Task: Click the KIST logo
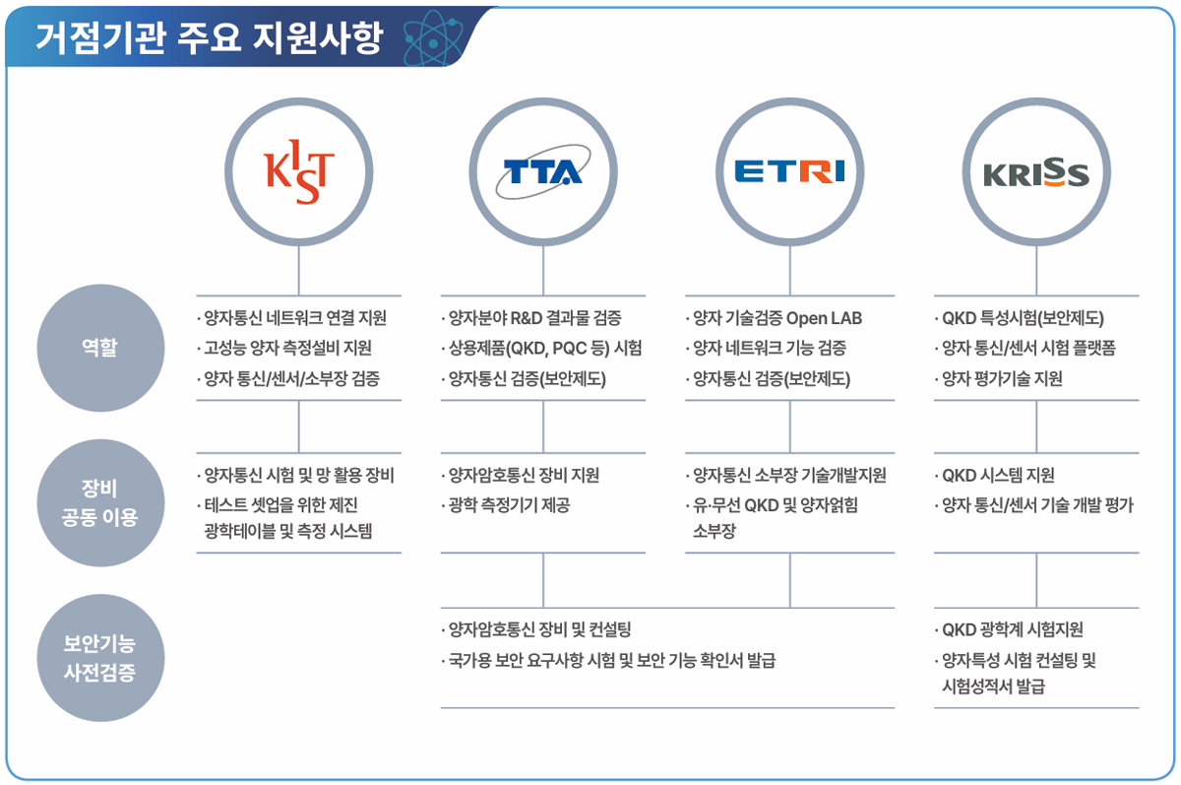click(x=299, y=172)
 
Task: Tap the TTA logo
click(x=543, y=172)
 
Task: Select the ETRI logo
click(x=789, y=171)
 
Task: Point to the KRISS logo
click(x=1036, y=172)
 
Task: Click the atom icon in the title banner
click(x=433, y=38)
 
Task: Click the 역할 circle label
click(x=100, y=348)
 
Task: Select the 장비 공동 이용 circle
click(x=100, y=502)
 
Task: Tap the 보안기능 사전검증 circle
click(x=100, y=658)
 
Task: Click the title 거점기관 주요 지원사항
click(x=209, y=38)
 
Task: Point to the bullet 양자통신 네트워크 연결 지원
click(x=292, y=317)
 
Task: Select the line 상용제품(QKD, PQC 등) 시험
click(x=541, y=349)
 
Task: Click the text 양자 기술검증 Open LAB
click(x=774, y=318)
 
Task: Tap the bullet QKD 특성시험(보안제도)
click(x=1019, y=318)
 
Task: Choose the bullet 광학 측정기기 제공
click(x=506, y=505)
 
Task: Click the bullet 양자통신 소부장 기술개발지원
click(x=785, y=476)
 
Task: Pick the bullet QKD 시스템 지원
click(x=994, y=476)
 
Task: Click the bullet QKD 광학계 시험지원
click(x=1009, y=629)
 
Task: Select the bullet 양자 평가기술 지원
click(x=998, y=379)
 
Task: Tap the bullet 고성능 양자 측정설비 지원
click(x=284, y=349)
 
